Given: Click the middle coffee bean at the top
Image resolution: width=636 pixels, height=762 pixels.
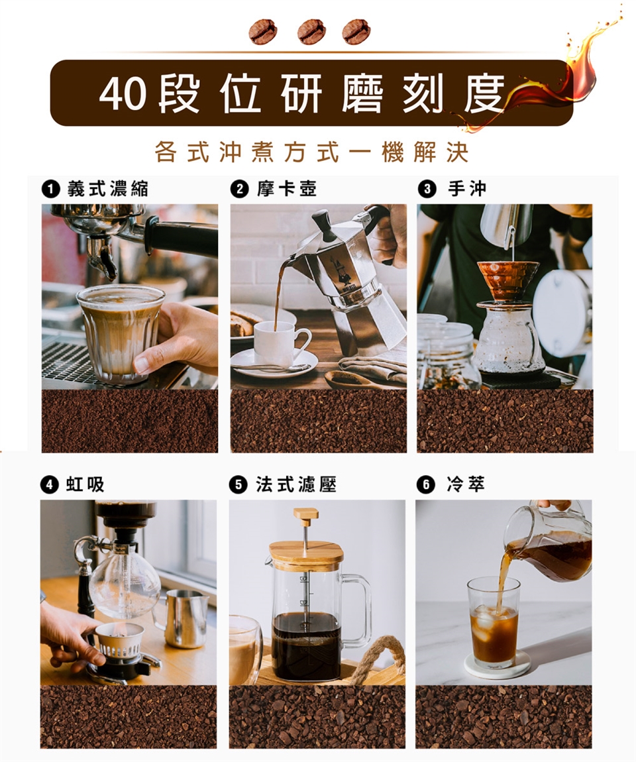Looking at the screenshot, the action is pos(311,32).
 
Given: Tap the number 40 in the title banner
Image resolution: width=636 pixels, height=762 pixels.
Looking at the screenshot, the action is pos(123,94).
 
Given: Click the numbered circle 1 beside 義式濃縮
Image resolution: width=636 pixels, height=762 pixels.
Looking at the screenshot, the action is pos(50,189).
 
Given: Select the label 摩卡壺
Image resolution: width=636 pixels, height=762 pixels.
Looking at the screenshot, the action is pos(287,189).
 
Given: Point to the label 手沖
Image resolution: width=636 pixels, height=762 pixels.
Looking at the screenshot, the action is pos(467,189).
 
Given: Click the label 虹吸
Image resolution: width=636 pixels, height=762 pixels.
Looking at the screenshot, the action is pos(85,484).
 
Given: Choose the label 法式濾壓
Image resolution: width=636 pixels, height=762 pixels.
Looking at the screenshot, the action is pos(296,484).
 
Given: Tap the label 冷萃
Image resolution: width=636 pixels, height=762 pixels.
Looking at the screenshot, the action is pos(466,484).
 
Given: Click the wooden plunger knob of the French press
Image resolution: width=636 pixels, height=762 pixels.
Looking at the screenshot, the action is pos(305,517).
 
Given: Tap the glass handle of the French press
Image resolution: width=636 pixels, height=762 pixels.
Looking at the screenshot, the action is pos(358,610).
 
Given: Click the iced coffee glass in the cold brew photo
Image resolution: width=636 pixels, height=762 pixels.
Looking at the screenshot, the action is pos(493,623).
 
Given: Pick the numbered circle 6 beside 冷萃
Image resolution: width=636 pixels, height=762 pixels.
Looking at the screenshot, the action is pos(425,485).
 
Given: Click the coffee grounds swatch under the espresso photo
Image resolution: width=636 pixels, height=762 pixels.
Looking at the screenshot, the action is pos(130,421).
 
